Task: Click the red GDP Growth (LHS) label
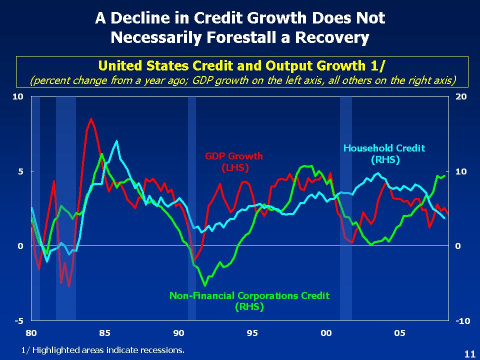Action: coord(233,162)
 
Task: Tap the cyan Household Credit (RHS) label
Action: coord(383,153)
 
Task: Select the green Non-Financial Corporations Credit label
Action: coord(249,301)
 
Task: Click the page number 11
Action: coord(469,353)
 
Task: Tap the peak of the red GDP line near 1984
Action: coord(91,119)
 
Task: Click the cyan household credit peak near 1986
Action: coord(116,141)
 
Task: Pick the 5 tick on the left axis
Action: coord(21,171)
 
